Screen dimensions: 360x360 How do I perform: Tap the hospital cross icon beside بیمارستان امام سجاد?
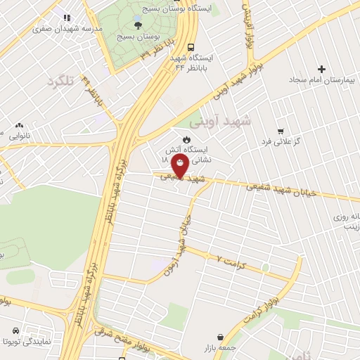322,69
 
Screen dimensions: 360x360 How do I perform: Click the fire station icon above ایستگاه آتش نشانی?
186,139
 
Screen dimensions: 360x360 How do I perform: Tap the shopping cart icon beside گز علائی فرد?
281,131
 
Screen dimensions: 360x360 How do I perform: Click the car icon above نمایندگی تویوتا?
13,330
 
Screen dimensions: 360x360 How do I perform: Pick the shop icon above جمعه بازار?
221,337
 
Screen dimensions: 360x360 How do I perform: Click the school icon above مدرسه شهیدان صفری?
67,17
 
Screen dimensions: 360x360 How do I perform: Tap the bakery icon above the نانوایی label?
19,122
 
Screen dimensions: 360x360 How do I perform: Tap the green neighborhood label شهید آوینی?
231,121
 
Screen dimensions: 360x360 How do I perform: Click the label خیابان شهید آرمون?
186,231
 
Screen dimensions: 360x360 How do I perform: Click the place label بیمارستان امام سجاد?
322,80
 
